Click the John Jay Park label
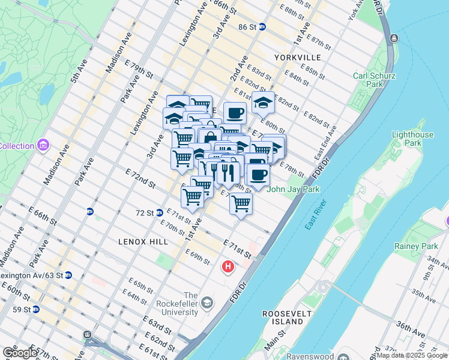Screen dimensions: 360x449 tap(294, 190)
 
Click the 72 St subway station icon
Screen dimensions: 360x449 tap(160, 212)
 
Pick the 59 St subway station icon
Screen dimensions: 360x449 tap(36, 310)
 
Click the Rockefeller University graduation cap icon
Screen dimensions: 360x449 tap(207, 302)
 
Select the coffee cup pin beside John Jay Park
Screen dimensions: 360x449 tap(258, 174)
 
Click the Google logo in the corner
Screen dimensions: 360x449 tap(19, 353)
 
